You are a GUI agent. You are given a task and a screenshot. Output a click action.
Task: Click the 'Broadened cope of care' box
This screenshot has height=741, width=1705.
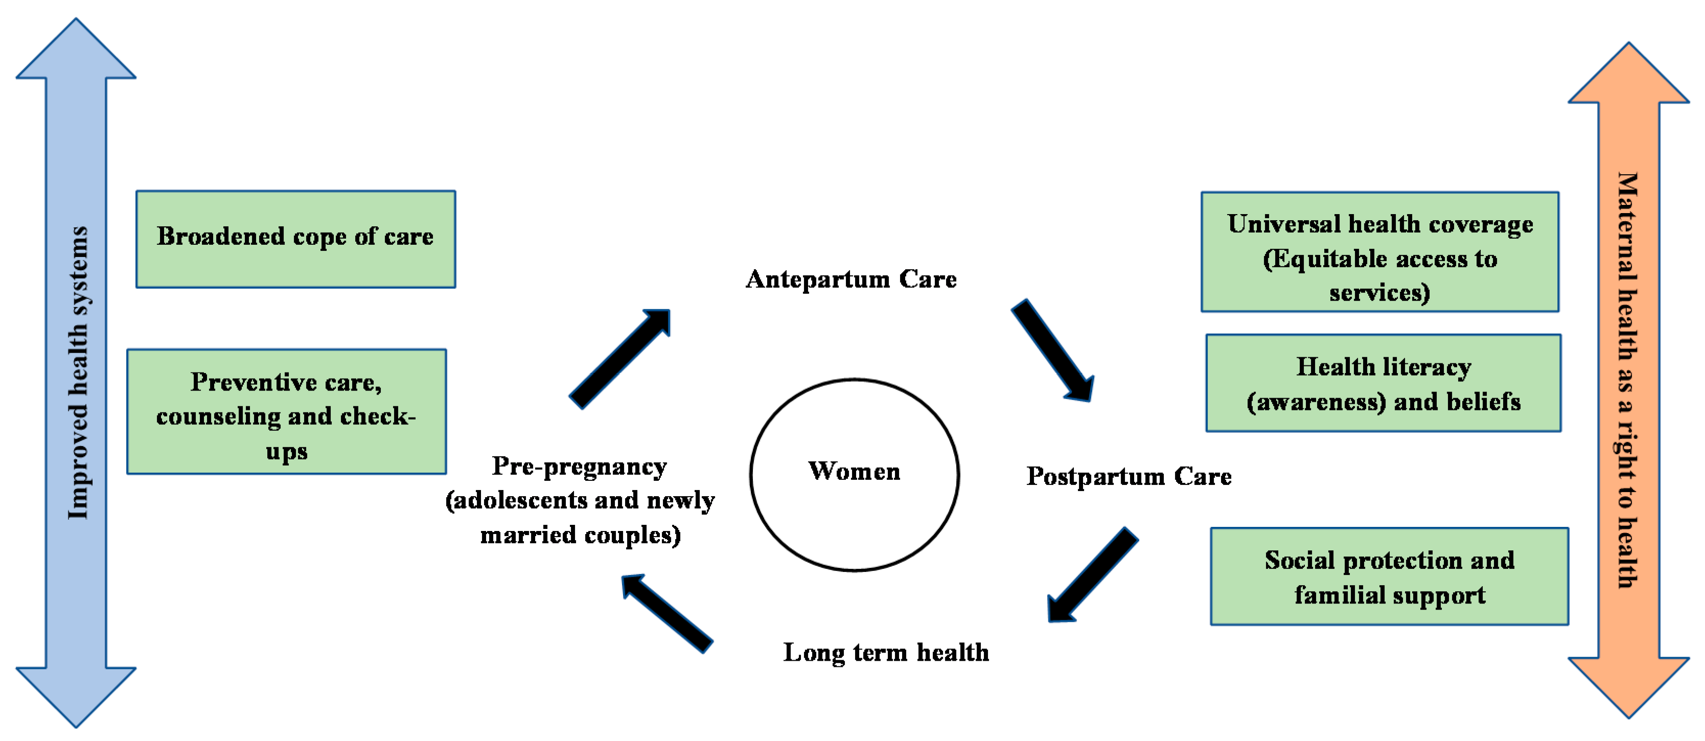(295, 239)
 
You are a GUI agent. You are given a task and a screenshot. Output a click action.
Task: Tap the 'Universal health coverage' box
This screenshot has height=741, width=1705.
(1379, 252)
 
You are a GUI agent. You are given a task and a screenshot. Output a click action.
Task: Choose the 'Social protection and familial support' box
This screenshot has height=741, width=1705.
(1389, 576)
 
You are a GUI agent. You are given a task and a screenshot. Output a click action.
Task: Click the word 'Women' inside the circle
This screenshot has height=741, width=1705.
(854, 471)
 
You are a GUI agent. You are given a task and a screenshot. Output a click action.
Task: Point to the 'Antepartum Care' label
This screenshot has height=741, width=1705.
(850, 279)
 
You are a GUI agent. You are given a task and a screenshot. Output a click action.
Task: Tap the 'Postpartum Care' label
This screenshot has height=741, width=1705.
(1128, 476)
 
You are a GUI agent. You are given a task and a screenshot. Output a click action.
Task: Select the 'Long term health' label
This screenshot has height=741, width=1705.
(886, 653)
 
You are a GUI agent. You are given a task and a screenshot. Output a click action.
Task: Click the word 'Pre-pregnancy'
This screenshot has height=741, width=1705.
(579, 467)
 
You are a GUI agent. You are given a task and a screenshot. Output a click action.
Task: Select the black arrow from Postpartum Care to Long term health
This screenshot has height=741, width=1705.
(1092, 574)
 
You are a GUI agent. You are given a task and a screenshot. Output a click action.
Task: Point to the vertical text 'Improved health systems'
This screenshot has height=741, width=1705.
(78, 373)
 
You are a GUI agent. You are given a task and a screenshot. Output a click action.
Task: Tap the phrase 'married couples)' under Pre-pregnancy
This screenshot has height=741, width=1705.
(581, 535)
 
